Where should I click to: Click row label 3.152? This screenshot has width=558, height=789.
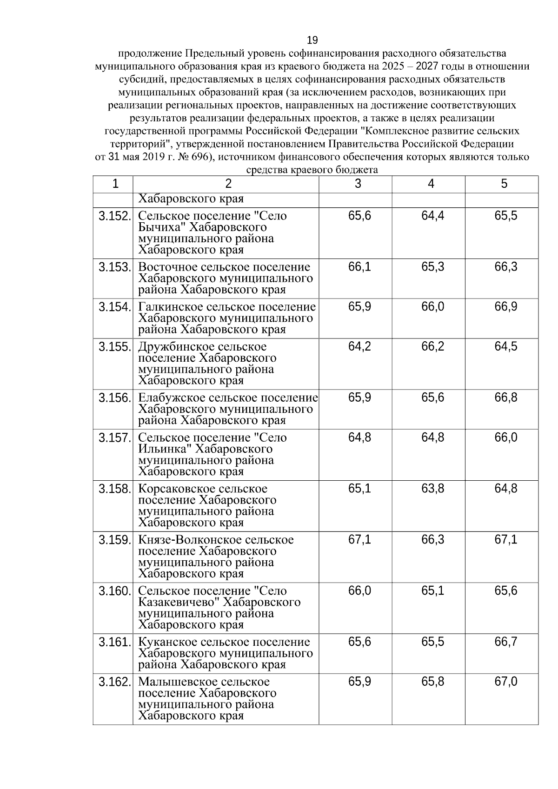point(114,216)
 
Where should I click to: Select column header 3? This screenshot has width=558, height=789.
point(357,184)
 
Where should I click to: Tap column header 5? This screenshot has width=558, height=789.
point(504,184)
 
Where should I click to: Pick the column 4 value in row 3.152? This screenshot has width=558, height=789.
point(432,216)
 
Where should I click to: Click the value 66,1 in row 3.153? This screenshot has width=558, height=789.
point(359,267)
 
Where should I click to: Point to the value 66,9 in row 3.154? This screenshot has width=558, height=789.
point(506,307)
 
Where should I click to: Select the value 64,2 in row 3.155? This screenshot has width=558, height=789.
point(359,347)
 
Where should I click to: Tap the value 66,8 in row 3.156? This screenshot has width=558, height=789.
point(506,398)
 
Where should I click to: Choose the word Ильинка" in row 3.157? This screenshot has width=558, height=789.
point(165,450)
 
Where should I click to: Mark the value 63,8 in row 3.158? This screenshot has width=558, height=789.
point(432,489)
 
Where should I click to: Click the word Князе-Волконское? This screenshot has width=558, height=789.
point(190,540)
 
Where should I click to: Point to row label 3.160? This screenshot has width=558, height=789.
point(114,591)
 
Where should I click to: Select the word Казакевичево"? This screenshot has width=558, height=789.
point(179,603)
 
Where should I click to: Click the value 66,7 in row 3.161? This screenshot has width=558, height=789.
point(506,643)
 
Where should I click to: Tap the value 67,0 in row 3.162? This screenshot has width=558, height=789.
point(506,682)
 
